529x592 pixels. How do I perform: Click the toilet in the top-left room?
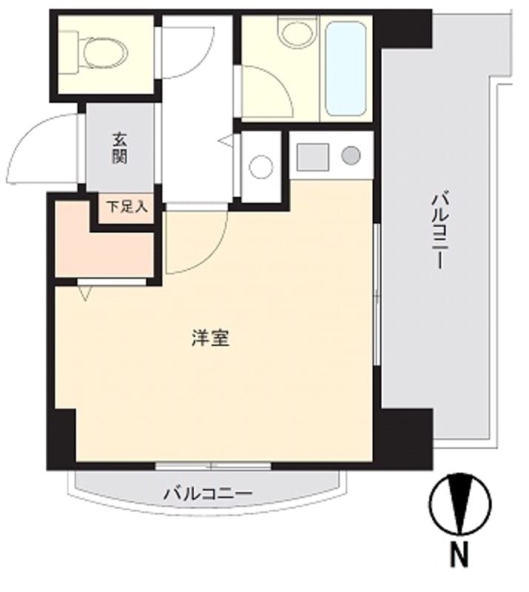pyautogui.click(x=101, y=50)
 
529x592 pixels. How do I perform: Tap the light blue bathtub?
pyautogui.click(x=346, y=68)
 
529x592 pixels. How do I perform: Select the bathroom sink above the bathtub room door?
pyautogui.click(x=296, y=32)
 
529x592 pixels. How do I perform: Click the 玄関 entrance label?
pyautogui.click(x=121, y=147)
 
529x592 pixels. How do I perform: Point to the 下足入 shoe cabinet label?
pyautogui.click(x=125, y=206)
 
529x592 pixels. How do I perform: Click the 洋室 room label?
pyautogui.click(x=210, y=339)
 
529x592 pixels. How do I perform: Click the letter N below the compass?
pyautogui.click(x=459, y=554)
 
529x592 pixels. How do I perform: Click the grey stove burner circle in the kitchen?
pyautogui.click(x=351, y=156)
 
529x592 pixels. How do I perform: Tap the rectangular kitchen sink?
pyautogui.click(x=313, y=156)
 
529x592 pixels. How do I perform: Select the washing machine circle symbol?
pyautogui.click(x=261, y=166)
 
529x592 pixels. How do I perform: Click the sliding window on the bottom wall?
pyautogui.click(x=213, y=466)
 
